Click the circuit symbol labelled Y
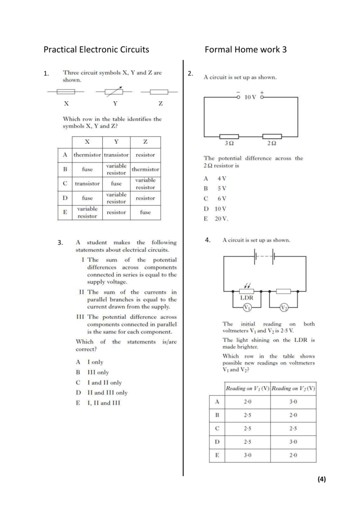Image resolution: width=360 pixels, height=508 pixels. click(114, 92)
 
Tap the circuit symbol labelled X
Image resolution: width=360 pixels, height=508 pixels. click(66, 92)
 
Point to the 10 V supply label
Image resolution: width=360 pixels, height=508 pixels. click(250, 97)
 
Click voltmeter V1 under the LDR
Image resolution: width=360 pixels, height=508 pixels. click(247, 307)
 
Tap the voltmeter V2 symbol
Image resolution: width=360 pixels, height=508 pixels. click(284, 307)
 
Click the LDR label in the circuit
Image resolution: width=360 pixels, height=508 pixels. click(247, 298)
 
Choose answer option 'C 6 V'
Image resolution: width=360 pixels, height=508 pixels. click(215, 198)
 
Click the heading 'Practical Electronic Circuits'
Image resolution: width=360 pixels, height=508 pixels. click(96, 50)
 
